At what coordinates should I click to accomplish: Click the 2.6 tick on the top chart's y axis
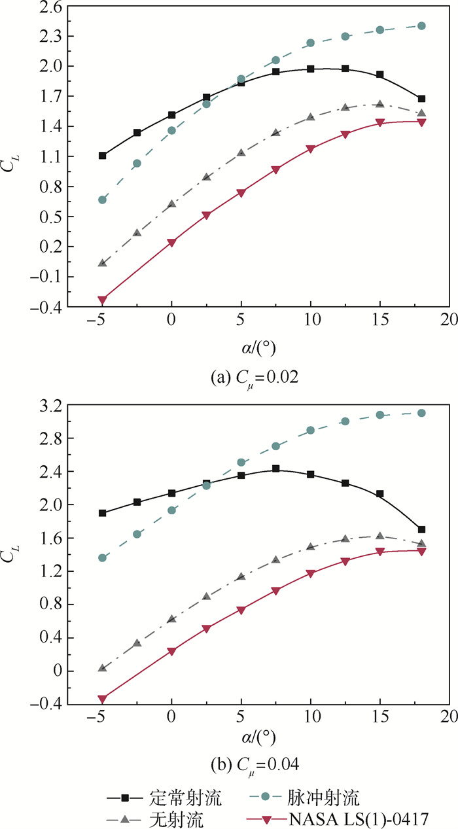(46, 6)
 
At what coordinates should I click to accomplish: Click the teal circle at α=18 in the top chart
(421, 26)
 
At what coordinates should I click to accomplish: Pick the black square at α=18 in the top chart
(421, 99)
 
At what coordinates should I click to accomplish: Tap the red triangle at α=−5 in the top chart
(102, 300)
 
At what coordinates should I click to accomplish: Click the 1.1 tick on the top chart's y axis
(46, 156)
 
